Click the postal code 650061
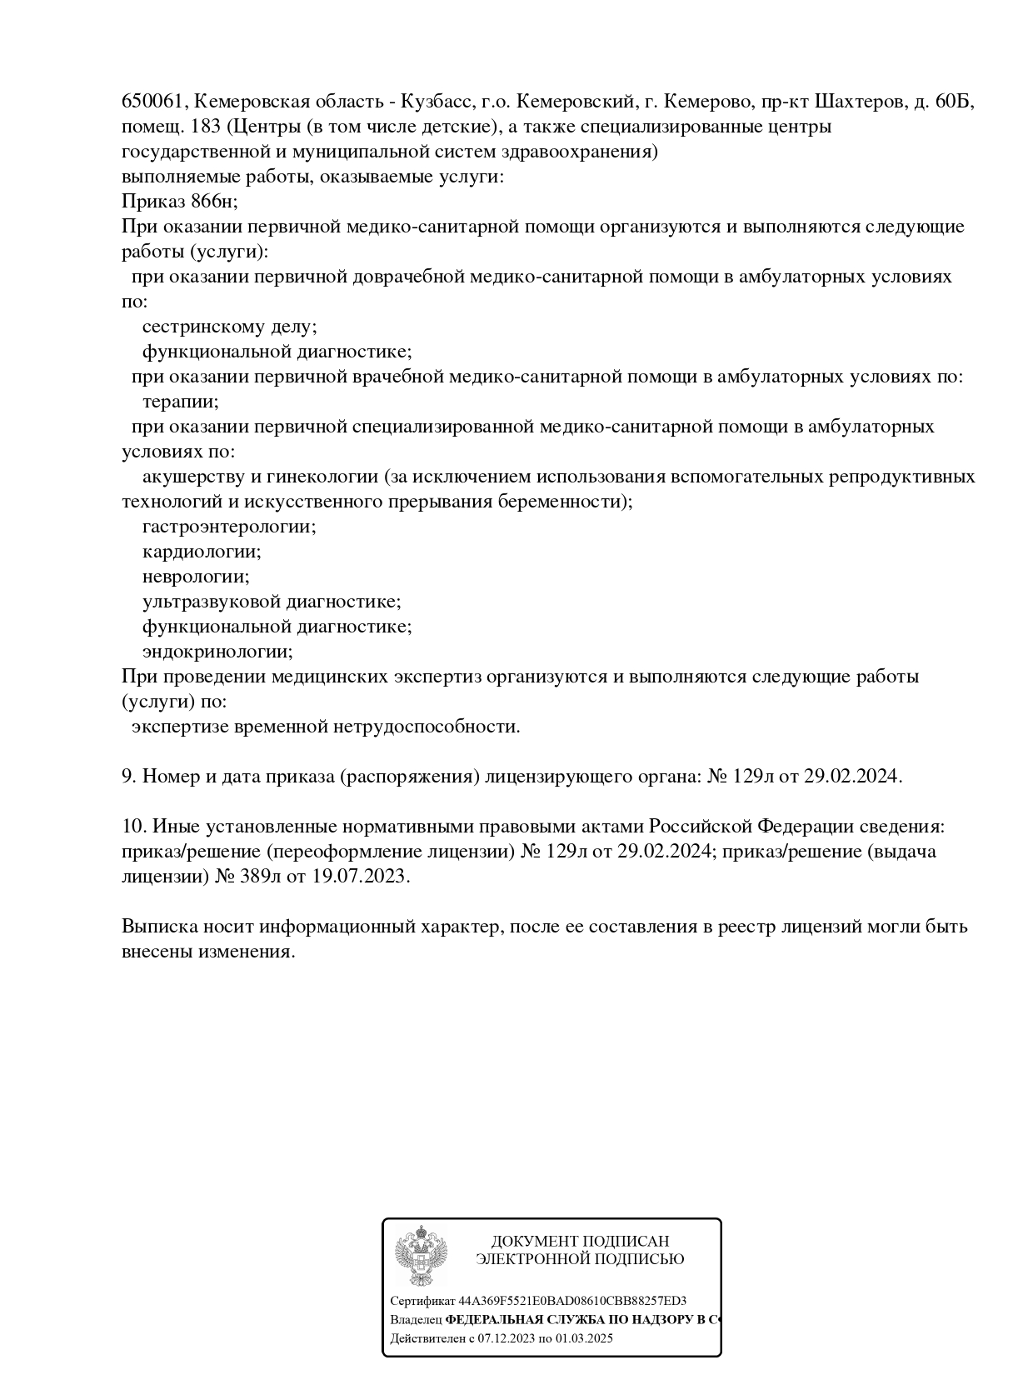click(x=152, y=102)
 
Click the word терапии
click(x=181, y=402)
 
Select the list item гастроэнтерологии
click(x=229, y=527)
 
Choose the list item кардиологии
click(x=202, y=552)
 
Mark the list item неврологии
click(x=196, y=577)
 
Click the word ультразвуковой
click(x=212, y=602)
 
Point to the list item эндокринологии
click(x=217, y=652)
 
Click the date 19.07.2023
click(x=361, y=877)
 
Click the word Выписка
click(x=161, y=927)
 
